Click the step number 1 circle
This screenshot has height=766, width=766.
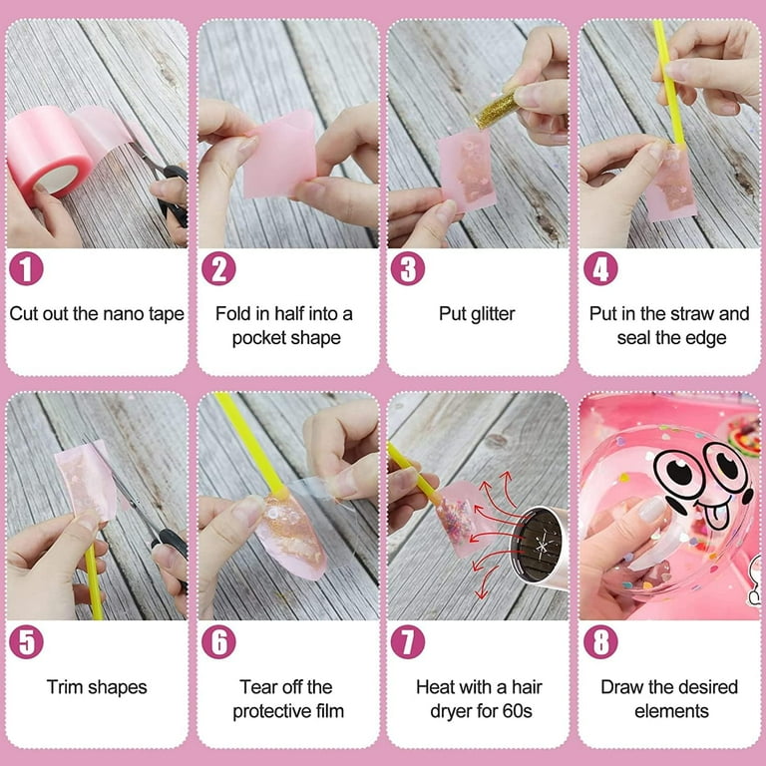pos(26,268)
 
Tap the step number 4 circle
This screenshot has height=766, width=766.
pos(600,268)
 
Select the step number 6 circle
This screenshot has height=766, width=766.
pos(218,641)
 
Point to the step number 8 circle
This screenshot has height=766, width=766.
pos(600,641)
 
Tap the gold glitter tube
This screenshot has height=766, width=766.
pos(496,111)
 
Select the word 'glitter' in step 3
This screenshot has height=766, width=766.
pos(493,314)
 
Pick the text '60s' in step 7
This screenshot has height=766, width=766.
pos(517,711)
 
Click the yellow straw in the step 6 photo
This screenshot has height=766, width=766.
pos(250,443)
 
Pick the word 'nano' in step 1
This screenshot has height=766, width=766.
pos(123,313)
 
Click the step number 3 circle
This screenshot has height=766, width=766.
pos(407,268)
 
